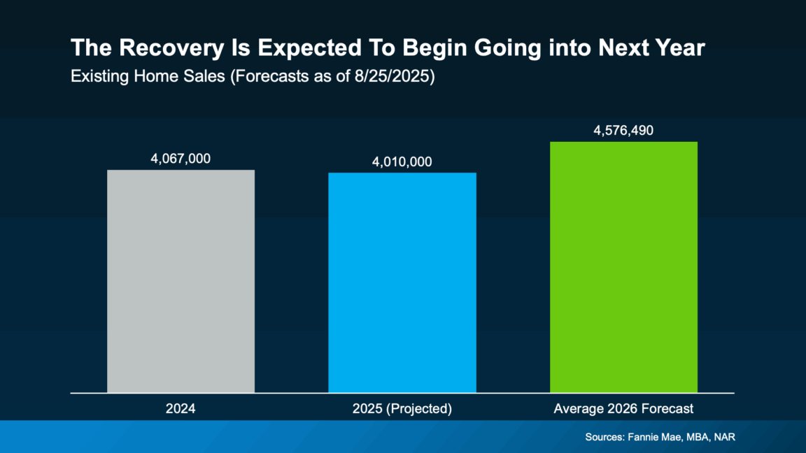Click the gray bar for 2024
181,280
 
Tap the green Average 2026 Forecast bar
623,266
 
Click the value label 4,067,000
181,159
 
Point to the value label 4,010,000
402,162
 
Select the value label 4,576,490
623,131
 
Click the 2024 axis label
181,408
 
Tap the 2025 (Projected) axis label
402,408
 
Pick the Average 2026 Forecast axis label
623,408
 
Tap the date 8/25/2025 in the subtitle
395,76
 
